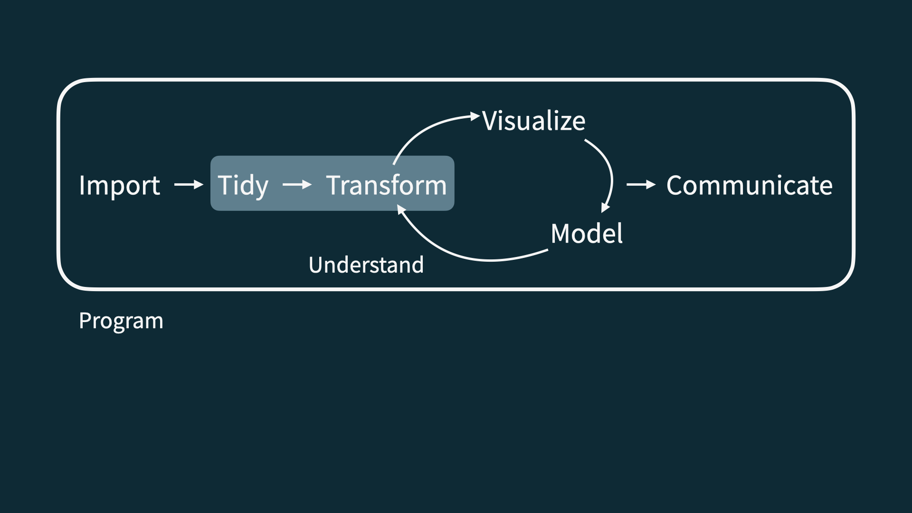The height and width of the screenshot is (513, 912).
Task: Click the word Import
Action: point(119,185)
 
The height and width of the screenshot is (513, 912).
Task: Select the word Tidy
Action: point(243,185)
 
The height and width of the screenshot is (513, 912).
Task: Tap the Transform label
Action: point(386,185)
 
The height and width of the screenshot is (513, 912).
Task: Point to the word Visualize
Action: point(534,121)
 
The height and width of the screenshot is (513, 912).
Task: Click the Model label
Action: point(587,233)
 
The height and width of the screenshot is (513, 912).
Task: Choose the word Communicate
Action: point(749,185)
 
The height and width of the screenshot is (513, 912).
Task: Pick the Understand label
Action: point(366,265)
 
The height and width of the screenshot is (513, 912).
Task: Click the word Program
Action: point(121,321)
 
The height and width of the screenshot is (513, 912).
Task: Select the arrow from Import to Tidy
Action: point(189,184)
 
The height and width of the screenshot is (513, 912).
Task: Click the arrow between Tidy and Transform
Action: point(297,184)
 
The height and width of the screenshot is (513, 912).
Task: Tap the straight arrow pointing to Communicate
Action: point(641,184)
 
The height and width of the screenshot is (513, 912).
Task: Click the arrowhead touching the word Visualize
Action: point(475,116)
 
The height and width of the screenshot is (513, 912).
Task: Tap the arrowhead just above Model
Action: point(605,208)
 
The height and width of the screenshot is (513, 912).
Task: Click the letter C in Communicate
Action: point(675,185)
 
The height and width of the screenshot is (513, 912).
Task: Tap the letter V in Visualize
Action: point(491,121)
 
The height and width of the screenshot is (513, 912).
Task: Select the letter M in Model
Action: point(562,233)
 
